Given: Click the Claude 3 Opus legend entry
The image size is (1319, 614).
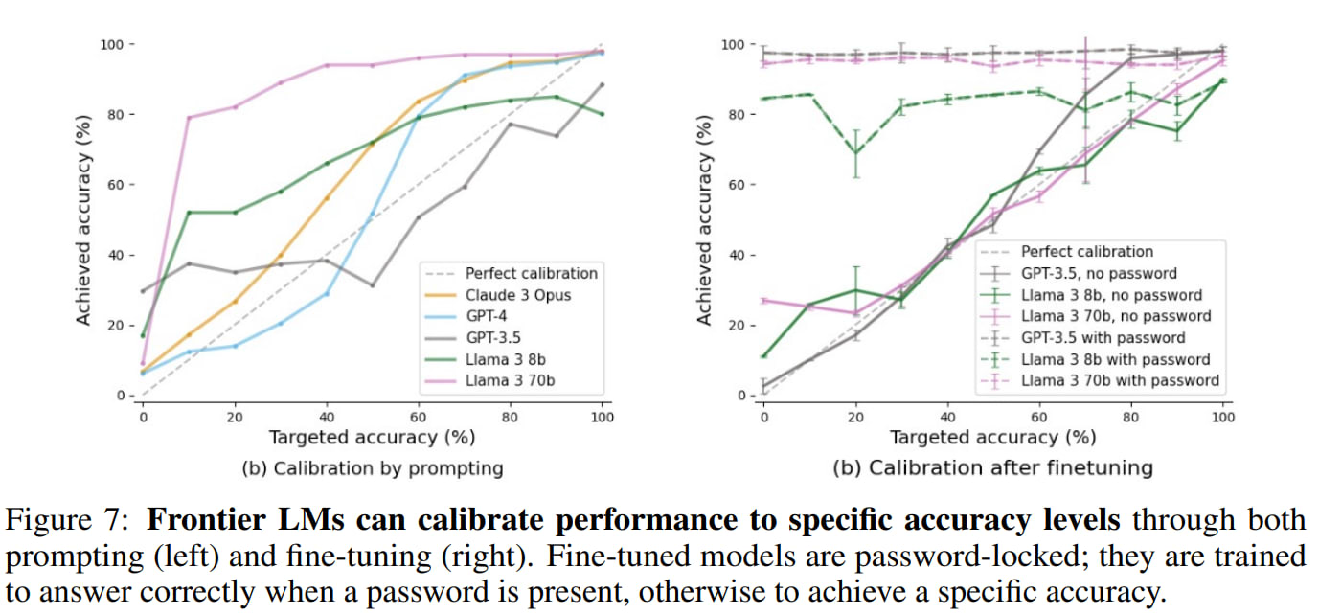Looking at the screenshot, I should pyautogui.click(x=517, y=294).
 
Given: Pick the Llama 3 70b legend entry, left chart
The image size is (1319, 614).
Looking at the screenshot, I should pyautogui.click(x=511, y=382).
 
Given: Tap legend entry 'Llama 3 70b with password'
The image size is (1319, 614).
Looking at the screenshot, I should pyautogui.click(x=1120, y=380).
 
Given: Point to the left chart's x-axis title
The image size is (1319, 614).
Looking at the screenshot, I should pyautogui.click(x=372, y=437).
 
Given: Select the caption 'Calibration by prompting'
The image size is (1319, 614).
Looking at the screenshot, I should pyautogui.click(x=373, y=469).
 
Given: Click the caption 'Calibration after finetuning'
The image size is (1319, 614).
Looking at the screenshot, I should pyautogui.click(x=993, y=469).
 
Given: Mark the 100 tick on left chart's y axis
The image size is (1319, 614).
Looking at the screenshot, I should pyautogui.click(x=113, y=44).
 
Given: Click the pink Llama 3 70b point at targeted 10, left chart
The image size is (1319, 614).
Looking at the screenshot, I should pyautogui.click(x=189, y=118).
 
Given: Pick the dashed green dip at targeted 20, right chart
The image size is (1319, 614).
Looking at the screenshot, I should pyautogui.click(x=855, y=153).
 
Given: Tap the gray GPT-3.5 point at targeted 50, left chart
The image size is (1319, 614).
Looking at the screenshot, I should pyautogui.click(x=372, y=285).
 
